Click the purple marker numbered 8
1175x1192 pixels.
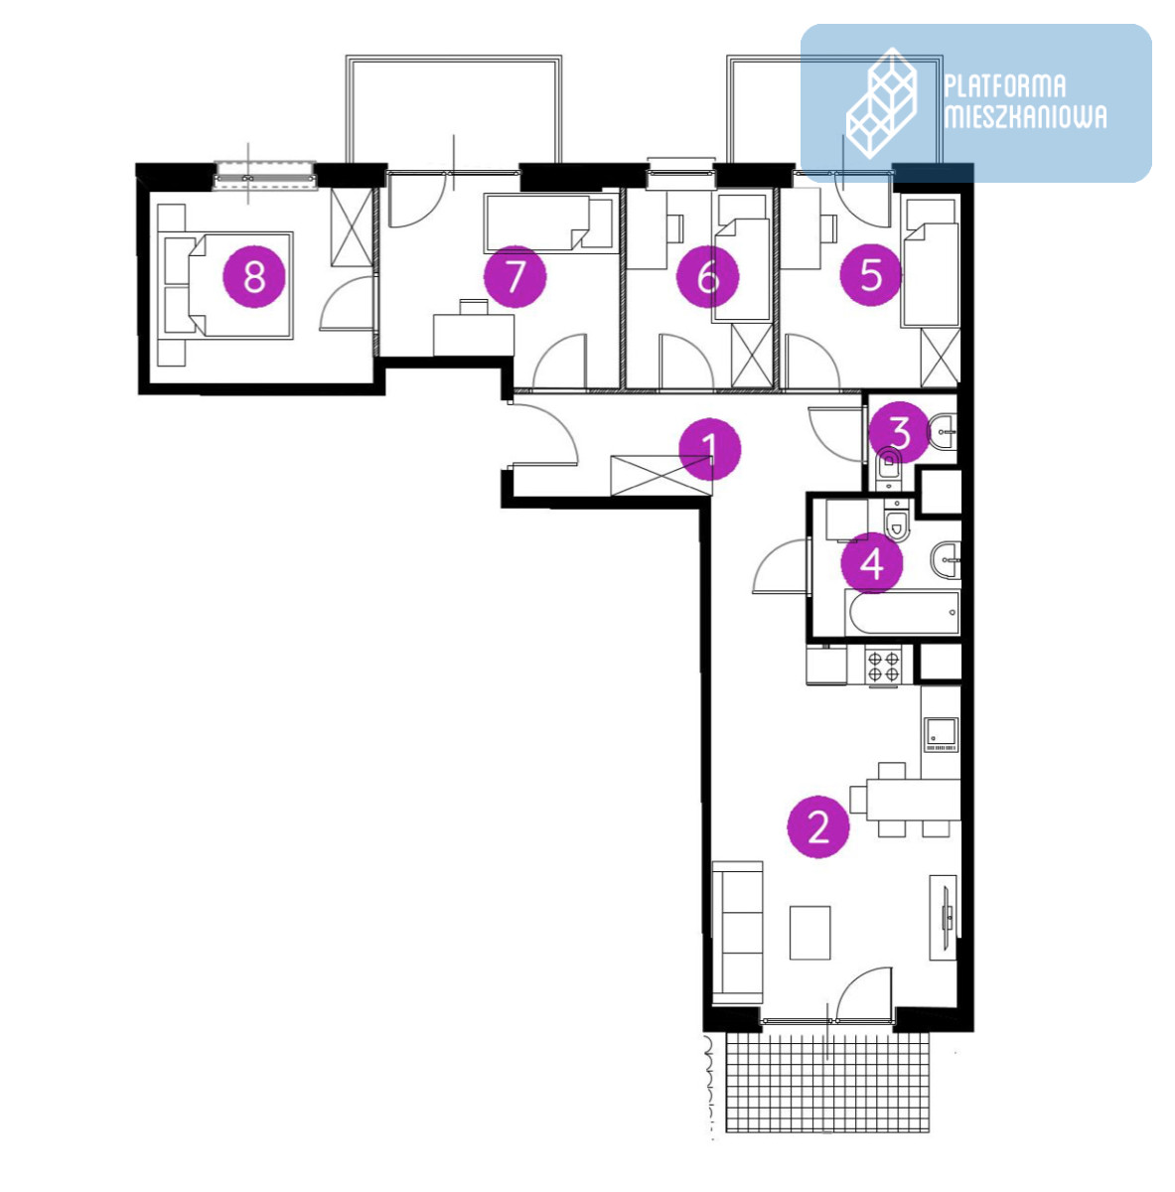(x=253, y=276)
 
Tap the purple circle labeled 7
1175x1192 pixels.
(x=514, y=276)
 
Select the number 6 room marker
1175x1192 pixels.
(x=707, y=276)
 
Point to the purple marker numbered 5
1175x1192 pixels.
(x=871, y=274)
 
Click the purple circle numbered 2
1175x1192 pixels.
(x=818, y=827)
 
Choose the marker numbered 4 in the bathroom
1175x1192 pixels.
(x=871, y=563)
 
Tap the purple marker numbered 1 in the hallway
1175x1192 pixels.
(x=710, y=449)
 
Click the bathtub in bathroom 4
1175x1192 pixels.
(x=902, y=613)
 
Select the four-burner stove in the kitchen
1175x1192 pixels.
(x=884, y=665)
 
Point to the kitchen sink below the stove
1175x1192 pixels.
(x=942, y=734)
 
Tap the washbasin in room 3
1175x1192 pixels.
(x=943, y=431)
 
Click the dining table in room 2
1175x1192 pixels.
(x=913, y=800)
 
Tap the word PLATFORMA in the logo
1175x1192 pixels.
(x=1005, y=87)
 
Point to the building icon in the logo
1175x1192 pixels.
(x=882, y=102)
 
